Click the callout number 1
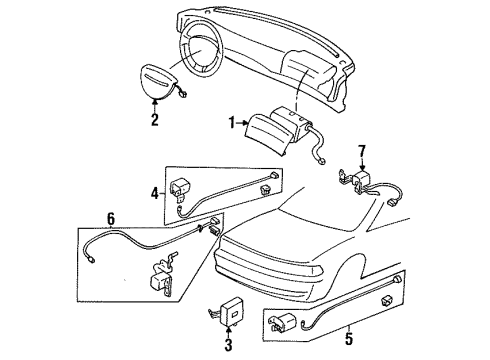(232, 123)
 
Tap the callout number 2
(155, 120)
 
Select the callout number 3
(228, 345)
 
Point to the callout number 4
(155, 193)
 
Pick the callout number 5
(348, 339)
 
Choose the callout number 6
(111, 219)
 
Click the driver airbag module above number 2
(158, 82)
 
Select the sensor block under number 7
(362, 179)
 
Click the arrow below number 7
(362, 165)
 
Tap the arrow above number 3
(228, 332)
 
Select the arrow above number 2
(155, 106)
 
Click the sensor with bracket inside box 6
(162, 276)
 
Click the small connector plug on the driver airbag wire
(183, 94)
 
